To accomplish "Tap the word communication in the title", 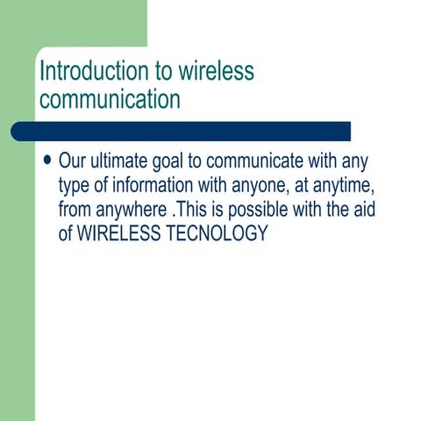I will click(110, 98).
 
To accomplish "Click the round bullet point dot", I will click(46, 161).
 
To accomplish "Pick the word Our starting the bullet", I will click(73, 162).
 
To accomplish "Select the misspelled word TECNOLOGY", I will click(216, 234).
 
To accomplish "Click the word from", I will click(75, 210).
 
